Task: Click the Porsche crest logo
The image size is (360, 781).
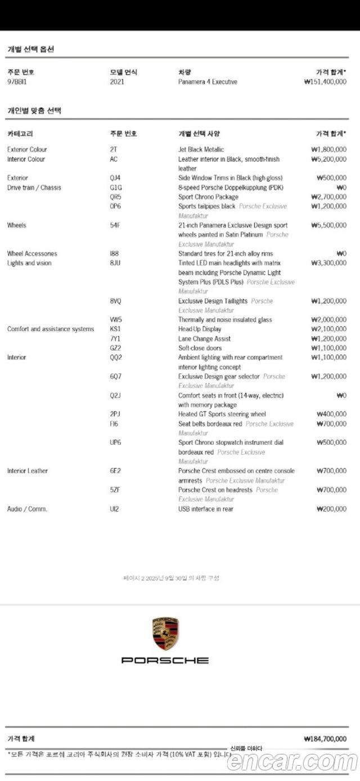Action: coord(165,633)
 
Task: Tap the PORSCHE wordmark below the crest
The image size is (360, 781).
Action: coord(165,660)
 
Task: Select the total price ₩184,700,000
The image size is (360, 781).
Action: coord(325,739)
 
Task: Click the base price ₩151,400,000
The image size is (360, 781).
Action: coord(325,82)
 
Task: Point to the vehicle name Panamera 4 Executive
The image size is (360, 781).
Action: coord(208,82)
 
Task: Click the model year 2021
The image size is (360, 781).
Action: coord(117,82)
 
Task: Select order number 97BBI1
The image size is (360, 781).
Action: coord(18,82)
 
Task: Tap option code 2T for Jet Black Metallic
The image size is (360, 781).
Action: coord(114,150)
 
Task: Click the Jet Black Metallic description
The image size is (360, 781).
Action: coord(201,150)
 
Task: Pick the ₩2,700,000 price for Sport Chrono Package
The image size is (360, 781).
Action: coord(328,197)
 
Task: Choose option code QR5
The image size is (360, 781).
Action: coord(115,197)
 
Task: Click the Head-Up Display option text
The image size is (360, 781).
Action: coord(200,329)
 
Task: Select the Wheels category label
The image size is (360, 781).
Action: coord(17,225)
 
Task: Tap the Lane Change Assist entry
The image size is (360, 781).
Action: coord(204,338)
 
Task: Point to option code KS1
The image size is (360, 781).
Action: coord(115,329)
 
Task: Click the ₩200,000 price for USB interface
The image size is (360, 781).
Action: coord(331,509)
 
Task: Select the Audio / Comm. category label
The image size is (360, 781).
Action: coord(27,509)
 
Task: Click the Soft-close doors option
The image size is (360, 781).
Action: coord(200,348)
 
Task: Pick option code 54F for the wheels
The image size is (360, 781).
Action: coord(115,225)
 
